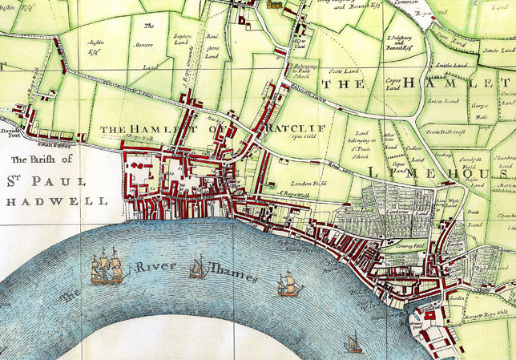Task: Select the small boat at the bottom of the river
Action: coord(353,344)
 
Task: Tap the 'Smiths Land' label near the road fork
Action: coord(451,65)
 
